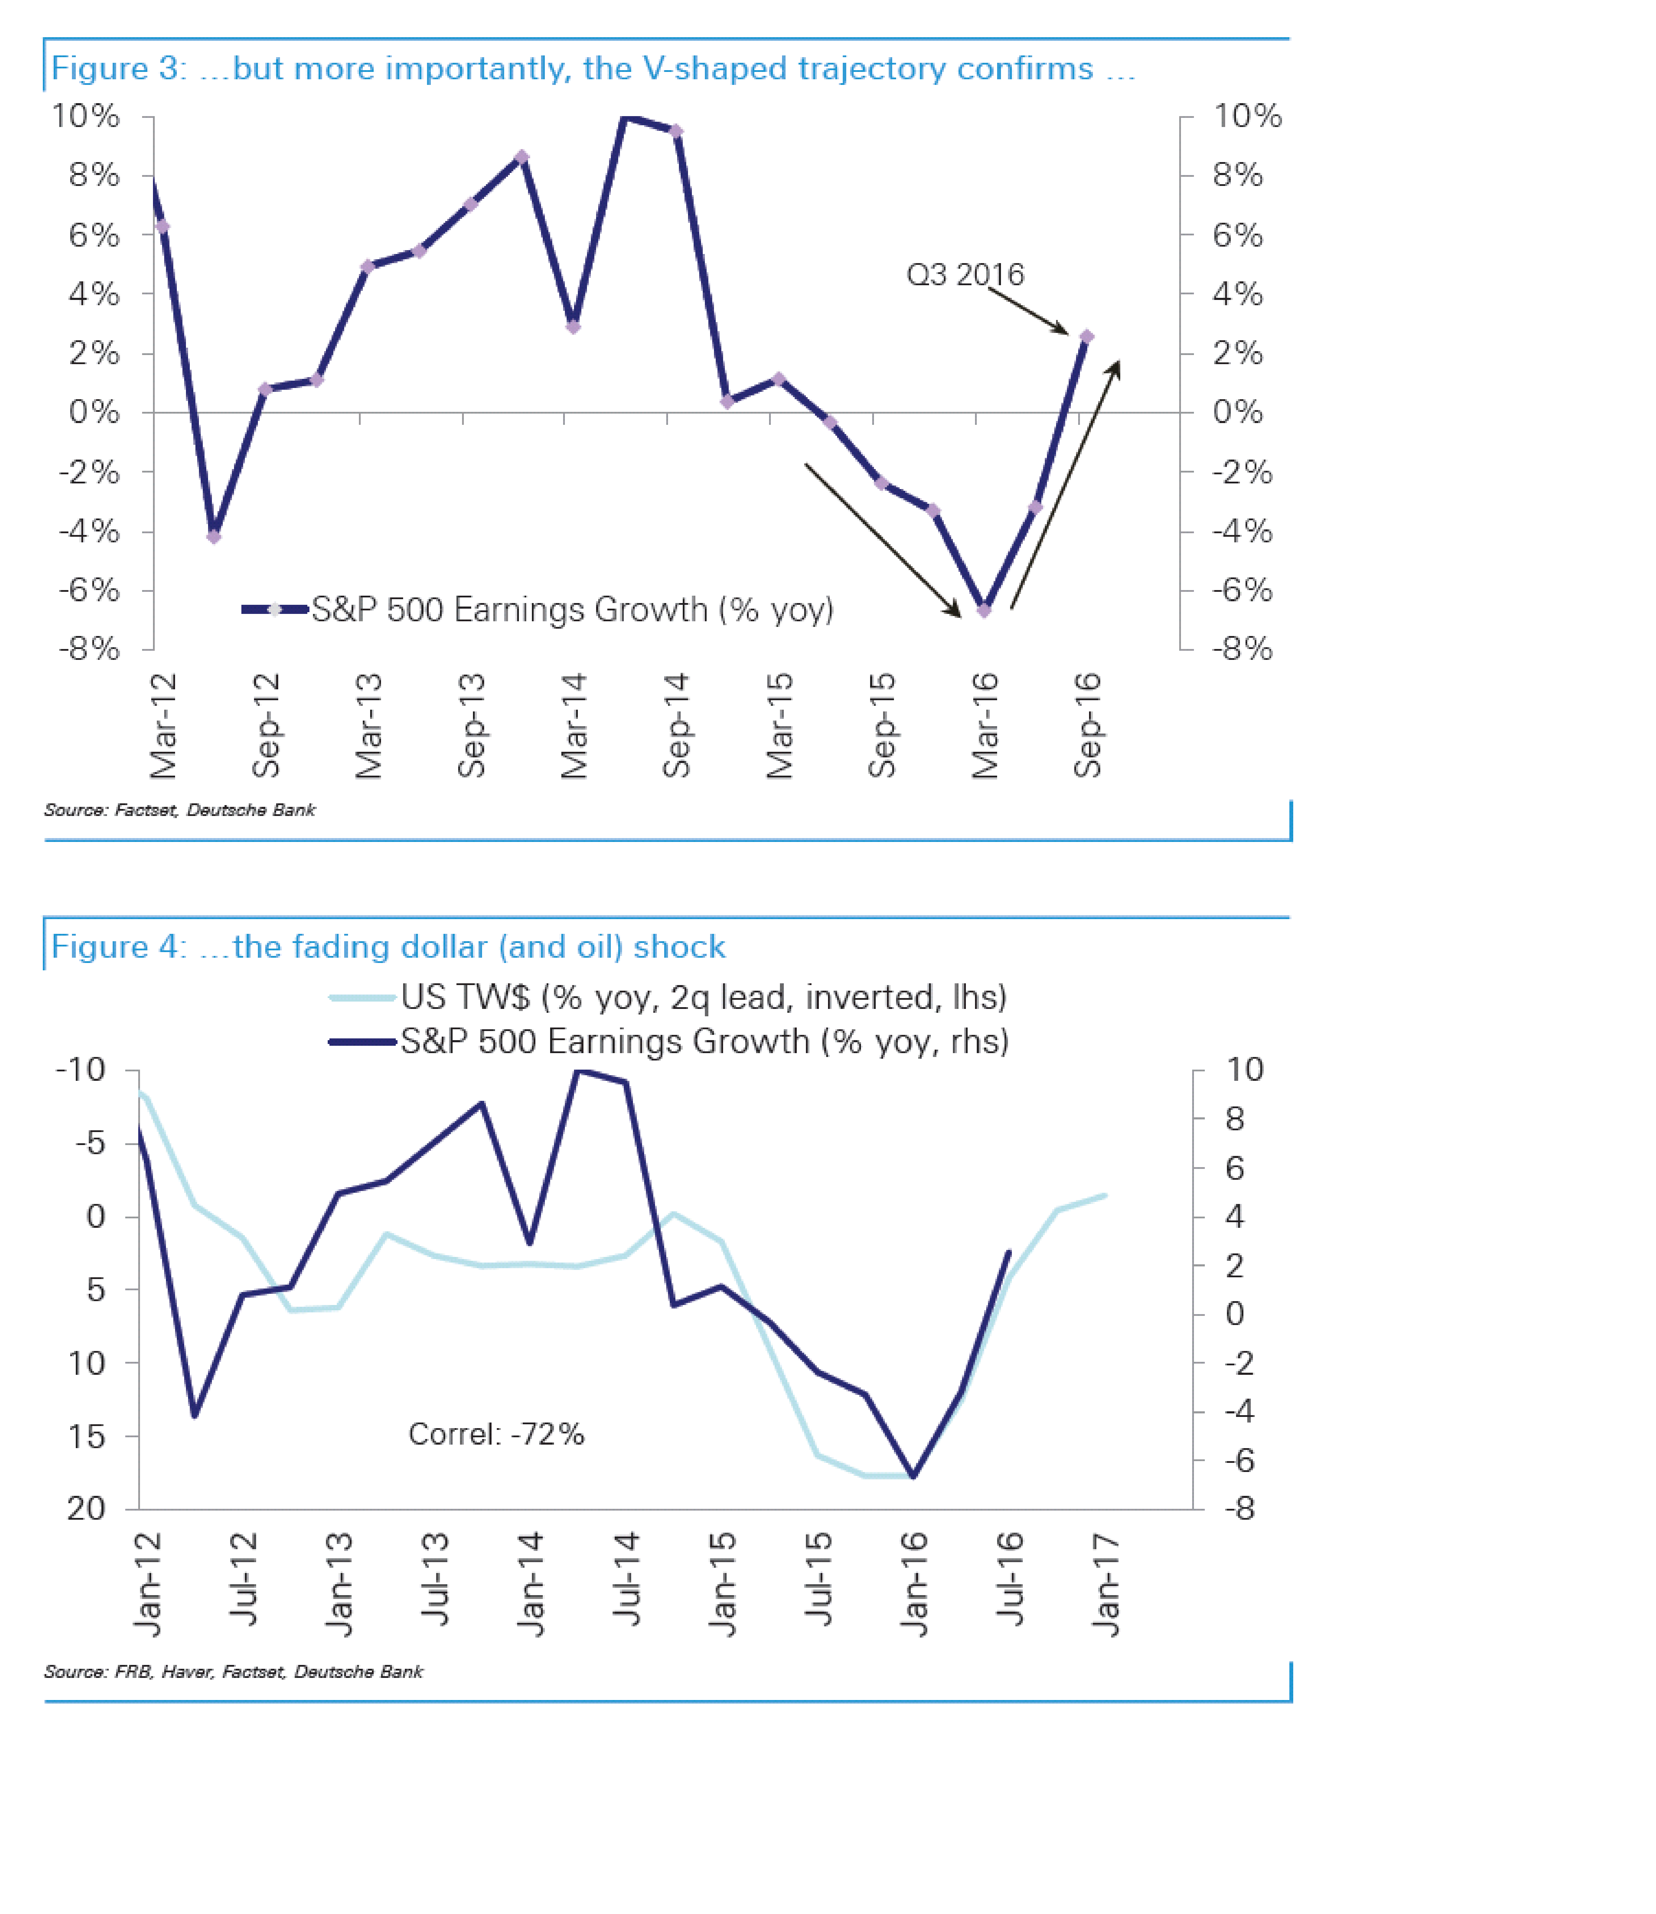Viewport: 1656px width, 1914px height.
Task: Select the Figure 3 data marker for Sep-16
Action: pyautogui.click(x=1087, y=337)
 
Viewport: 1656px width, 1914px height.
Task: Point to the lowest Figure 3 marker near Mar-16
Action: pyautogui.click(x=984, y=611)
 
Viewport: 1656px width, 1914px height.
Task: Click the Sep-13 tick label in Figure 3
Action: pyautogui.click(x=471, y=726)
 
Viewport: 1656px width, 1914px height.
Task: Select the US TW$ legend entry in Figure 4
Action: pyautogui.click(x=702, y=997)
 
